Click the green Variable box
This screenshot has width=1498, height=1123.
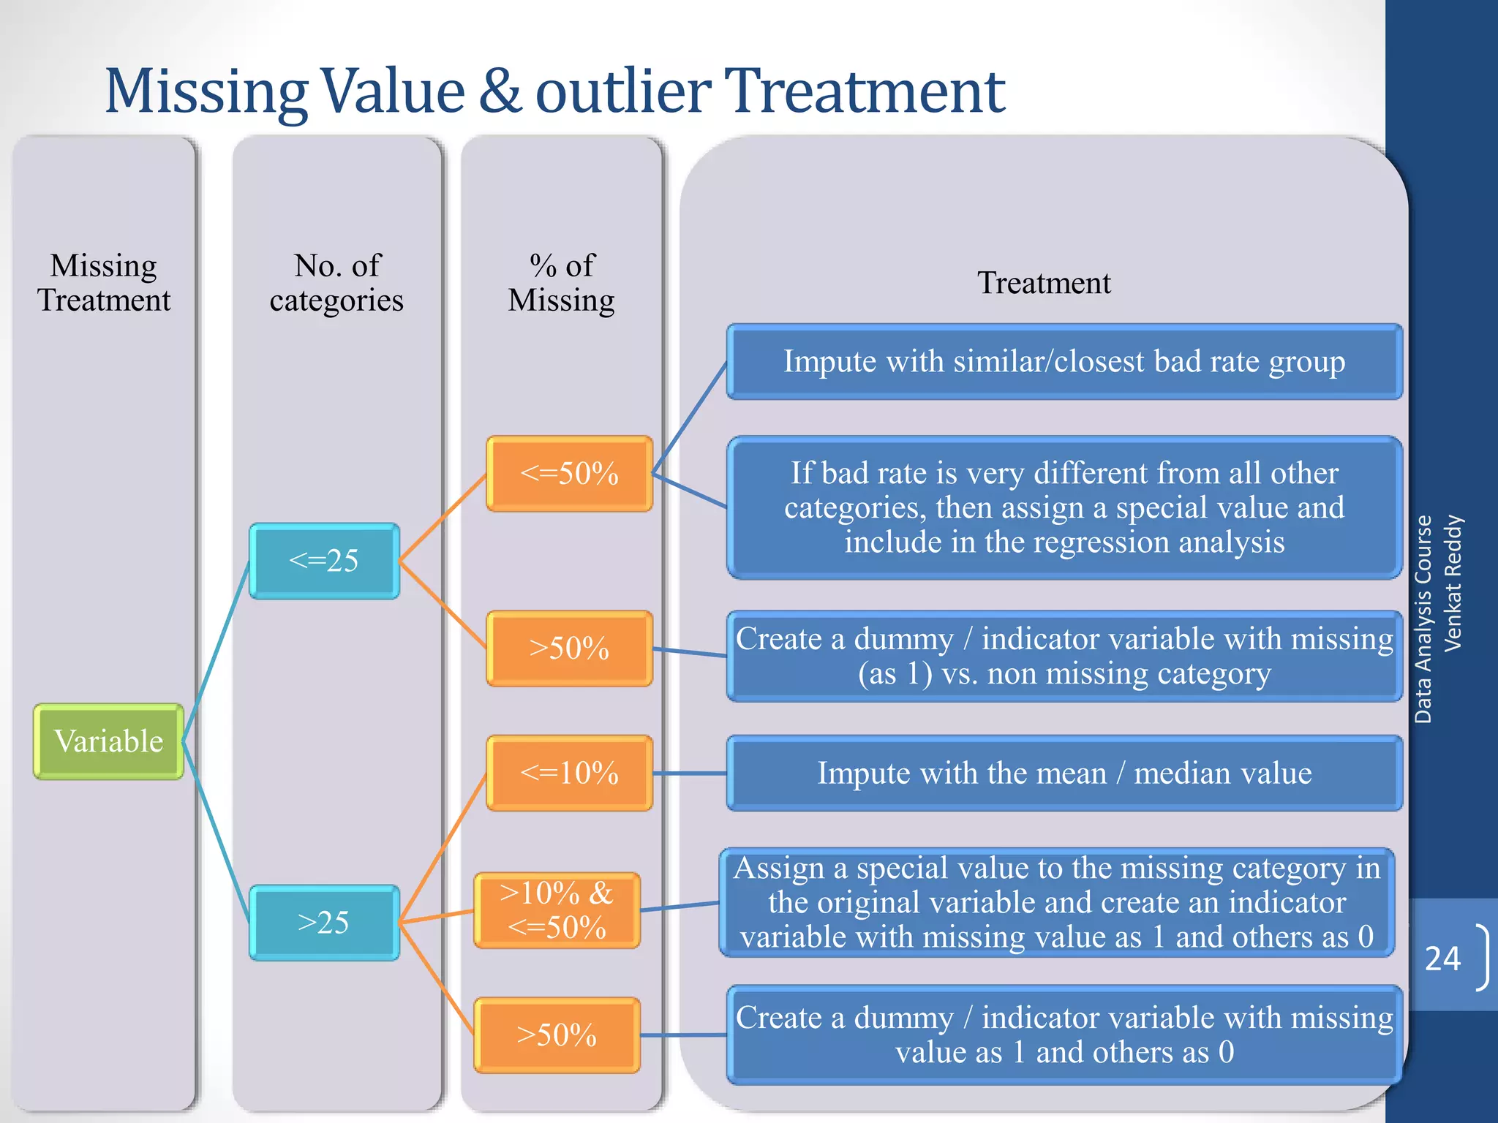(x=108, y=741)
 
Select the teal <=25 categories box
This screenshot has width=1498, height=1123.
(x=324, y=561)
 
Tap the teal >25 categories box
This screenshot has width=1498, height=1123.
(x=324, y=923)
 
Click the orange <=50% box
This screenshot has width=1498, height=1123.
(x=569, y=474)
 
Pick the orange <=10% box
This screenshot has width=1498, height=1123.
(x=569, y=773)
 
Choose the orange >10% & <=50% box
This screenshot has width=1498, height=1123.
(x=557, y=910)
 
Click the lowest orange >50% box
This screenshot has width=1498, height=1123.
(x=557, y=1035)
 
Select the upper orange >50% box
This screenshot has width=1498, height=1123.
(x=569, y=649)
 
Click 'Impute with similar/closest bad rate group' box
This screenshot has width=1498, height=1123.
(x=1064, y=362)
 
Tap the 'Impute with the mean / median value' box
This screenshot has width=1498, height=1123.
(x=1064, y=773)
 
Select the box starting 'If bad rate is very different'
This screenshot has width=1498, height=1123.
(x=1064, y=507)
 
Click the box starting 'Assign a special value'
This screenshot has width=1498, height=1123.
(x=1057, y=902)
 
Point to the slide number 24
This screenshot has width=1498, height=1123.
(x=1442, y=958)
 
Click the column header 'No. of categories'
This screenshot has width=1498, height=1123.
(x=336, y=283)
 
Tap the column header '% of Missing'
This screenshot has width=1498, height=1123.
(x=562, y=283)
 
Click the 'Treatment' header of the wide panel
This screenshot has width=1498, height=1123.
(x=1044, y=283)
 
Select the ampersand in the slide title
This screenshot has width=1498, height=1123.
(x=500, y=92)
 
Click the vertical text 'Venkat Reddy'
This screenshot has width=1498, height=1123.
(x=1453, y=583)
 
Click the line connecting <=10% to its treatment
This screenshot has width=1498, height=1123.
(x=689, y=773)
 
